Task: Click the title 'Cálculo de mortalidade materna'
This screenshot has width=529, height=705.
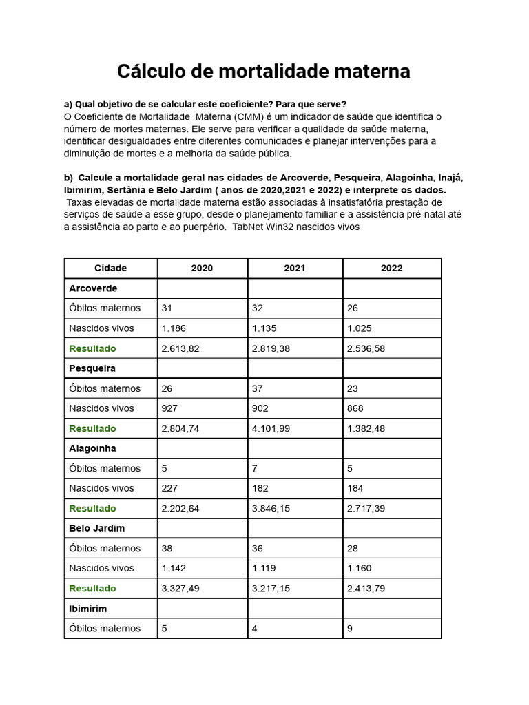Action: point(264,71)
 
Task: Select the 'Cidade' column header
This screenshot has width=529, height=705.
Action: point(110,269)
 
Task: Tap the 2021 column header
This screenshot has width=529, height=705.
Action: point(294,269)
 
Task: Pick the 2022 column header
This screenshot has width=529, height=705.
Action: point(391,269)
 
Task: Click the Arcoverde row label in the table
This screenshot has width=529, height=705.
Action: point(93,288)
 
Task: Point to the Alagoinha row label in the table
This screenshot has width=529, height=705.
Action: point(92,448)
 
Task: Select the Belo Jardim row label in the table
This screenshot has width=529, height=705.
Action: point(96,528)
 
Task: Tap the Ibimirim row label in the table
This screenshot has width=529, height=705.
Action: point(88,609)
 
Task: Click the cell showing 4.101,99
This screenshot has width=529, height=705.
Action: point(271,428)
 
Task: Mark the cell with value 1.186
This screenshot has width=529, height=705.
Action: point(174,328)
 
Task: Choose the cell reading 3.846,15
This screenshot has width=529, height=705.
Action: point(271,508)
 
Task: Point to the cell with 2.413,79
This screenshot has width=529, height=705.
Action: point(366,589)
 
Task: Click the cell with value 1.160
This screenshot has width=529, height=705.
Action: point(359,568)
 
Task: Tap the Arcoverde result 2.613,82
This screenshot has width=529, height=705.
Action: point(180,348)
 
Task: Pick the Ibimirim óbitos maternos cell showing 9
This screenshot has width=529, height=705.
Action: point(350,629)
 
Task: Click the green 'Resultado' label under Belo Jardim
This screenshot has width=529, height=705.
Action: point(92,589)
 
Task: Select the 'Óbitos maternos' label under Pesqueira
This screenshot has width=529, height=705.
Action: point(105,388)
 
